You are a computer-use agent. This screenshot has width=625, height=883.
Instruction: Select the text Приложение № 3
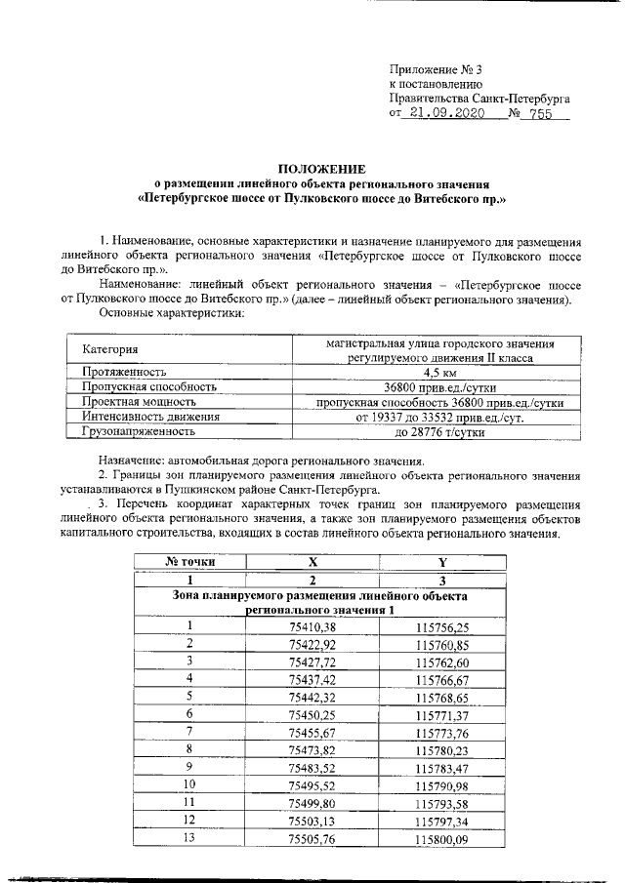click(x=435, y=70)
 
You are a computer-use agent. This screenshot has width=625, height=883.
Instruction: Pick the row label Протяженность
click(x=125, y=372)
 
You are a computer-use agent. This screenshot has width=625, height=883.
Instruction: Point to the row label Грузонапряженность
click(x=139, y=429)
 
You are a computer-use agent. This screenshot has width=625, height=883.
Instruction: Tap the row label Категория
click(x=110, y=349)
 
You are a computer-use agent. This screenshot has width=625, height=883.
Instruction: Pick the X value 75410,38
click(x=312, y=626)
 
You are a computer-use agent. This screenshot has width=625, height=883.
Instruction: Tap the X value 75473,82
click(x=312, y=749)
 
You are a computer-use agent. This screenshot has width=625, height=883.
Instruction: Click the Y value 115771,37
click(x=442, y=714)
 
